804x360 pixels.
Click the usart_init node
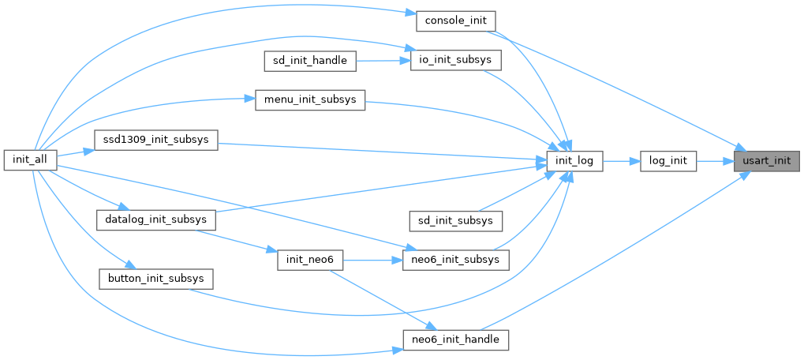tap(766, 161)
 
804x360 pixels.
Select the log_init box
tap(668, 161)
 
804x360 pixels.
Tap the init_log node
tap(575, 161)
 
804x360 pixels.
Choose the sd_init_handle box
tap(310, 60)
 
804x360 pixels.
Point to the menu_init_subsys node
tap(310, 100)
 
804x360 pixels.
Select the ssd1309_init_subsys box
tap(155, 141)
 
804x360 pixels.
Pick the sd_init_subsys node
tap(455, 220)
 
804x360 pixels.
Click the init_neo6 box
tap(310, 260)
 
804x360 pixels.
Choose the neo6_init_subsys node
tap(456, 260)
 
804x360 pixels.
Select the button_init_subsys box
tap(155, 279)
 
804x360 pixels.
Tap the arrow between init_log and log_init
tap(622, 161)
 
